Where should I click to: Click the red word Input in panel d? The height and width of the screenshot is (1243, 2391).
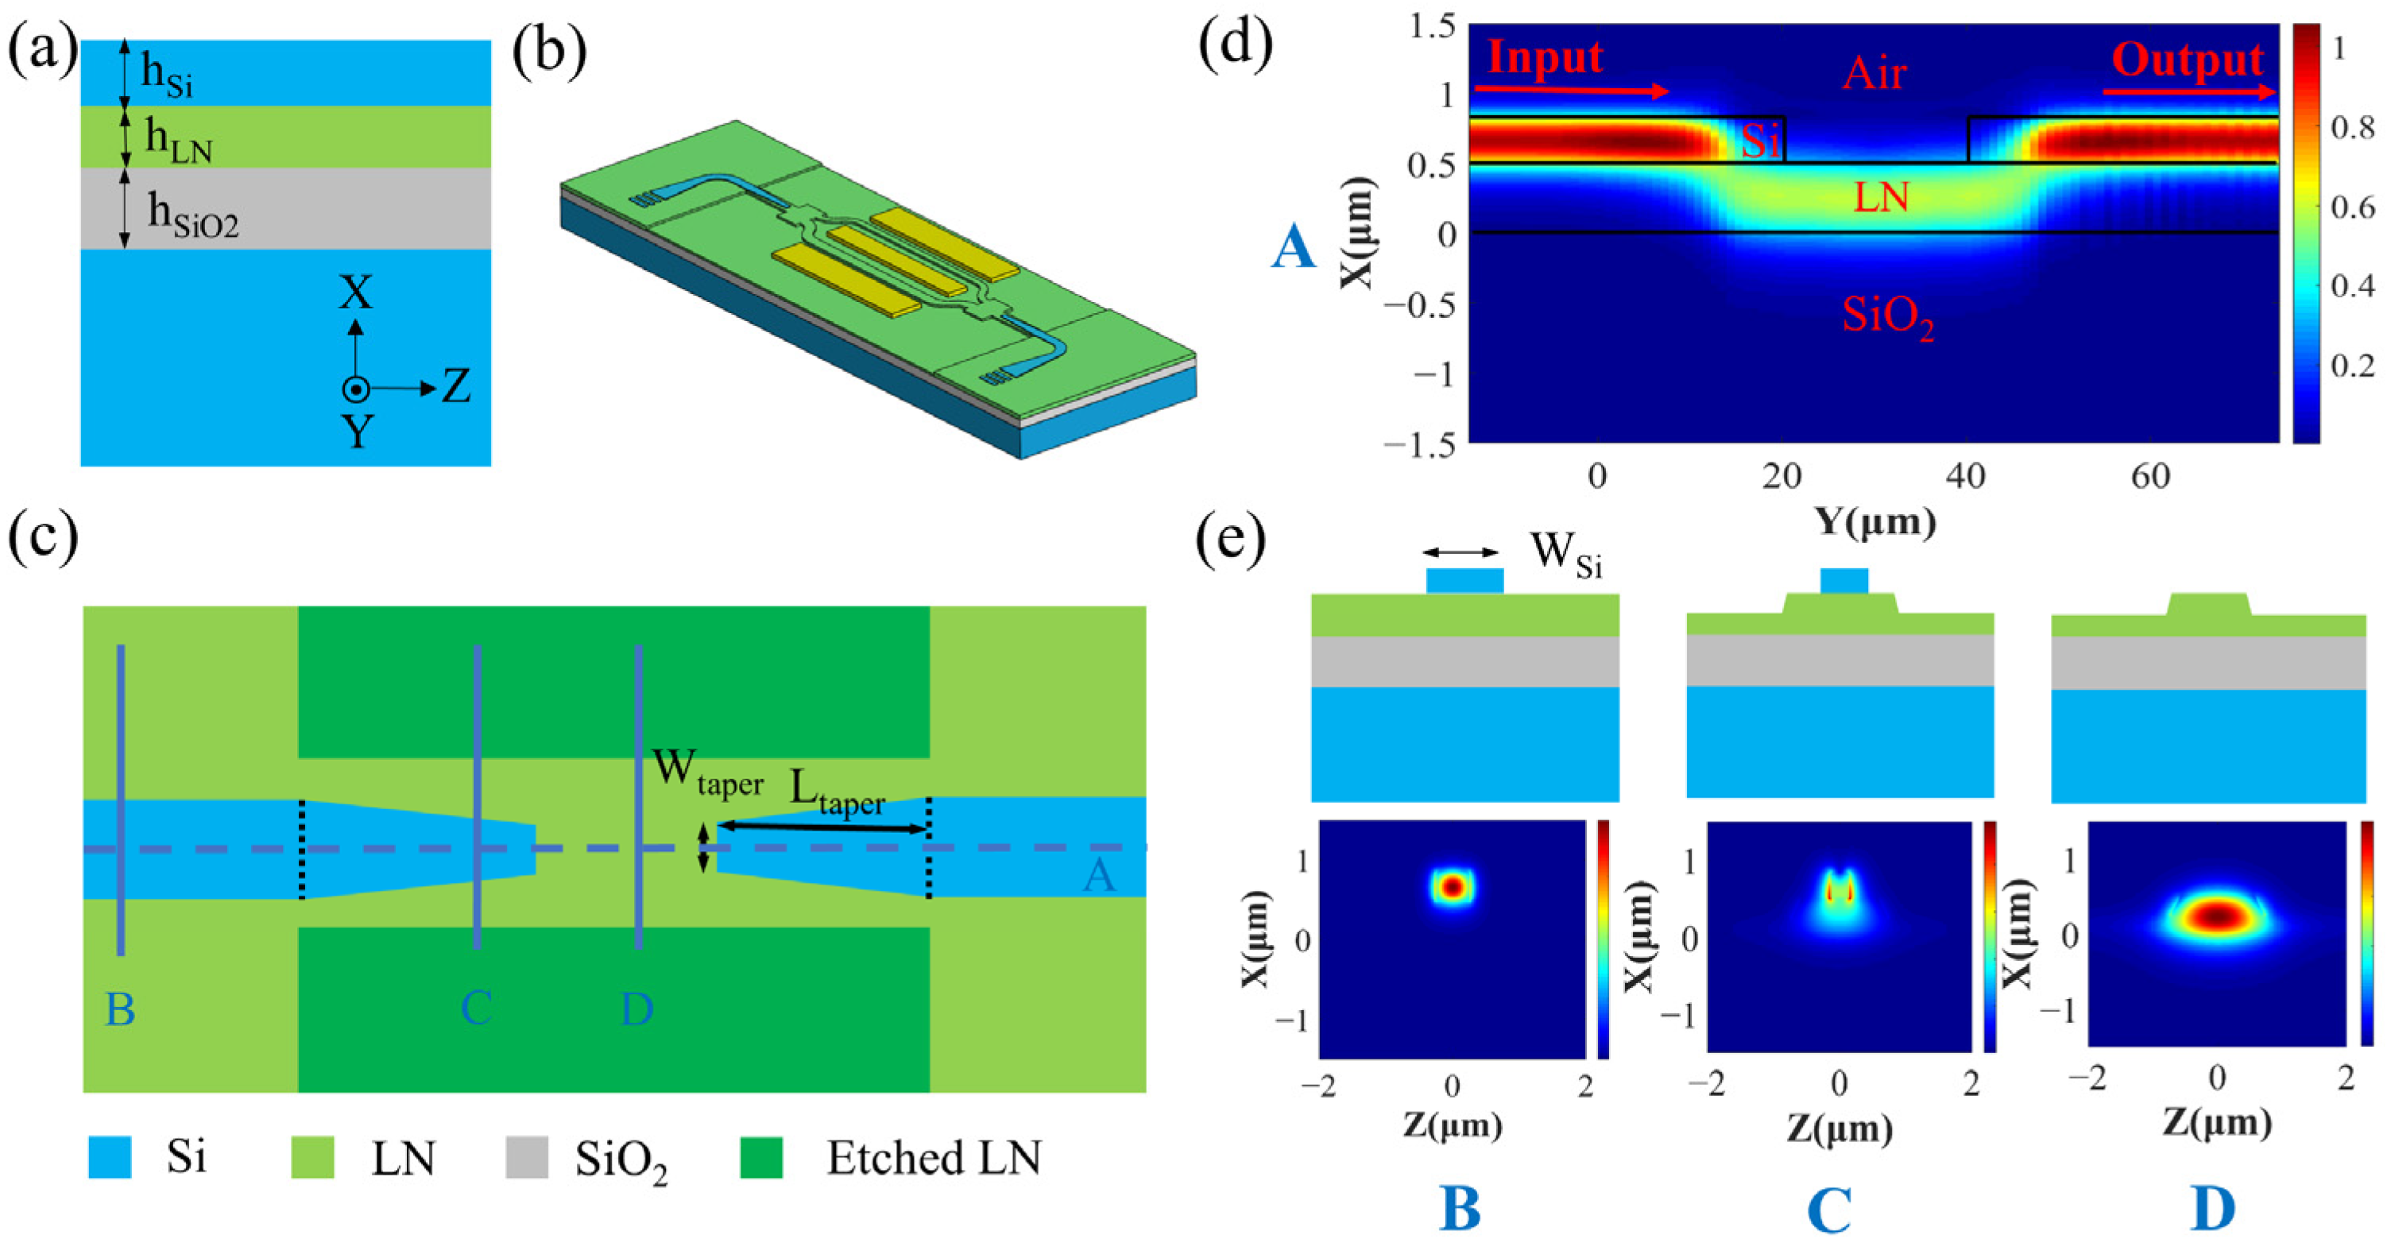pos(1545,57)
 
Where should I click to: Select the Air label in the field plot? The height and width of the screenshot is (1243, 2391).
pos(1873,73)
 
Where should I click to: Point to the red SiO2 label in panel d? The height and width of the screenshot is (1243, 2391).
pos(1888,316)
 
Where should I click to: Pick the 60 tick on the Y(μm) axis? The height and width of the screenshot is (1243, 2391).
pos(2149,476)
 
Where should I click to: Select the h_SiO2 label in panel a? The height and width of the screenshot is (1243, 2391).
pos(193,215)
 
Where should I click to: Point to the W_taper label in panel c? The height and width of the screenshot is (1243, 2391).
pos(707,773)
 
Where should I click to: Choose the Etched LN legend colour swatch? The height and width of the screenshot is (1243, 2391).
pos(761,1158)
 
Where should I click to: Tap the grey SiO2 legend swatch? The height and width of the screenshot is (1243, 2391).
pos(526,1158)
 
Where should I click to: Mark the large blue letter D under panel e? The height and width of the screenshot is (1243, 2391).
pos(2214,1210)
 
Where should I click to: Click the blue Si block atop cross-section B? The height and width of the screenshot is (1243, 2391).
pos(1464,580)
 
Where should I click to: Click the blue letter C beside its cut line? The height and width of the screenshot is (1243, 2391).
pos(476,1007)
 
